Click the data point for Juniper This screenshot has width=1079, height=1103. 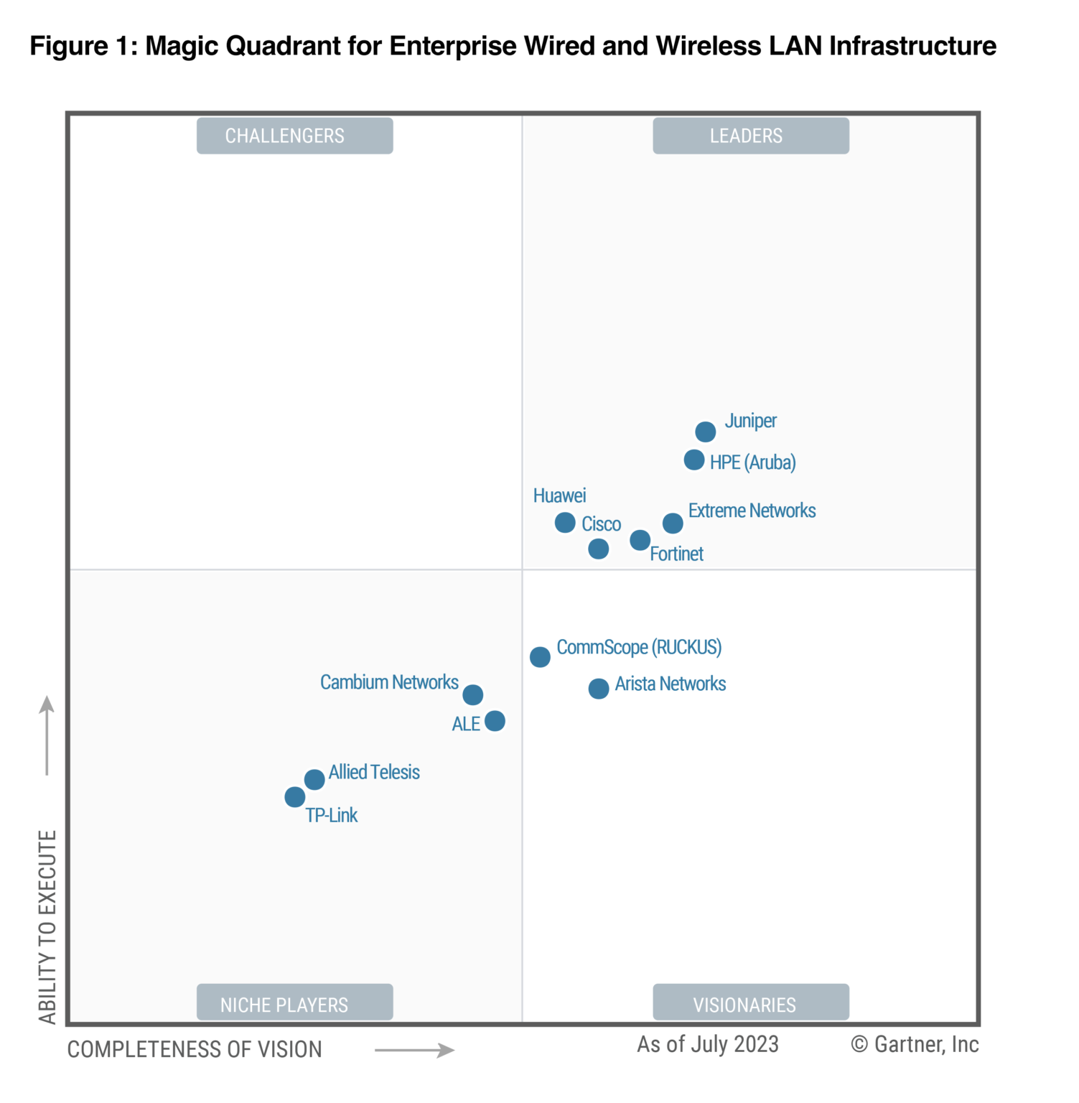(705, 432)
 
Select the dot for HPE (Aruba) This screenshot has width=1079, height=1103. (693, 460)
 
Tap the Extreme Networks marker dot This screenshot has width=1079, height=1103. (672, 523)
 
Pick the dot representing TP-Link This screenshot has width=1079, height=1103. (294, 796)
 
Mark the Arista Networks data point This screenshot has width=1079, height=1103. (598, 689)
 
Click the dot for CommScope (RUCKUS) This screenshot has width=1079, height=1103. (540, 656)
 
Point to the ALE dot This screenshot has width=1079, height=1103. (495, 720)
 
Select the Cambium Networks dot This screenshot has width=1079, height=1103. (472, 694)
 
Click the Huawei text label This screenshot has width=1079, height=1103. (559, 495)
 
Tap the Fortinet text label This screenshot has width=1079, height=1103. (676, 554)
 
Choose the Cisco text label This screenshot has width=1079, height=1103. (601, 524)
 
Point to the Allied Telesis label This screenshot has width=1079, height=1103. (374, 772)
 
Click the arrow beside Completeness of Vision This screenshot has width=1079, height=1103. (414, 1050)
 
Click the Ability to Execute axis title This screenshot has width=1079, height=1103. (47, 926)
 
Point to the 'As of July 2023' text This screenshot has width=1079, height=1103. (707, 1044)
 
